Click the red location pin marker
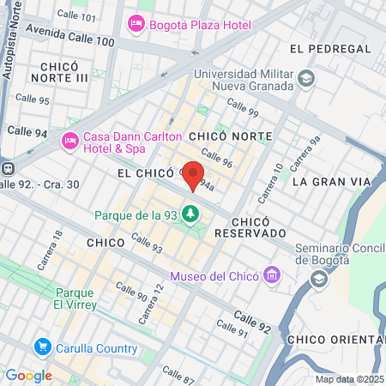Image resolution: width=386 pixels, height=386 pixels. (194, 174)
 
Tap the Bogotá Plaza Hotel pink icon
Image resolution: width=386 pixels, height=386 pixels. (135, 23)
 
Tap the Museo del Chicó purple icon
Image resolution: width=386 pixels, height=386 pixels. (272, 275)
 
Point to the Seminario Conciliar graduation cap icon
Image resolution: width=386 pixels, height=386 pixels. (319, 279)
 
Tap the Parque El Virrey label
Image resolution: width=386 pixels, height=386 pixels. (75, 298)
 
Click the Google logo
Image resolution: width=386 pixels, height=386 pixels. (29, 375)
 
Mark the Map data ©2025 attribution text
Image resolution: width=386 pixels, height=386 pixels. (347, 379)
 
